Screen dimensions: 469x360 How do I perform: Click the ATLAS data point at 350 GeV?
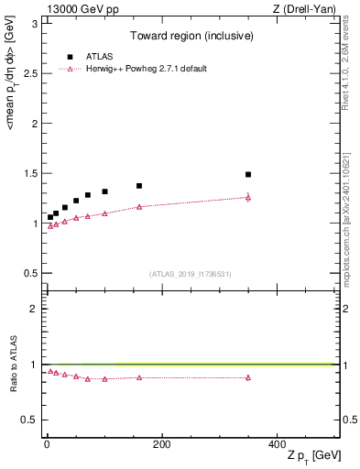247,174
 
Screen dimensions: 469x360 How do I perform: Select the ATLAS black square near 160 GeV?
139,186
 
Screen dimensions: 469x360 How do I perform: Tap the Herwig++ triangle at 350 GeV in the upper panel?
247,197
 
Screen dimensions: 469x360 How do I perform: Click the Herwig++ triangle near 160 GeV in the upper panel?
139,207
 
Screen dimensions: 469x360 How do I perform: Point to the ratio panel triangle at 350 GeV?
247,377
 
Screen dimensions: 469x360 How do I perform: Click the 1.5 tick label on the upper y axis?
31,173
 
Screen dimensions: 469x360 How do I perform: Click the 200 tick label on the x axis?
161,444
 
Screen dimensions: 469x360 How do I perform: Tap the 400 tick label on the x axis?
276,444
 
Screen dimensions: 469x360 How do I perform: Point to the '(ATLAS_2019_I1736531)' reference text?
191,274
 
